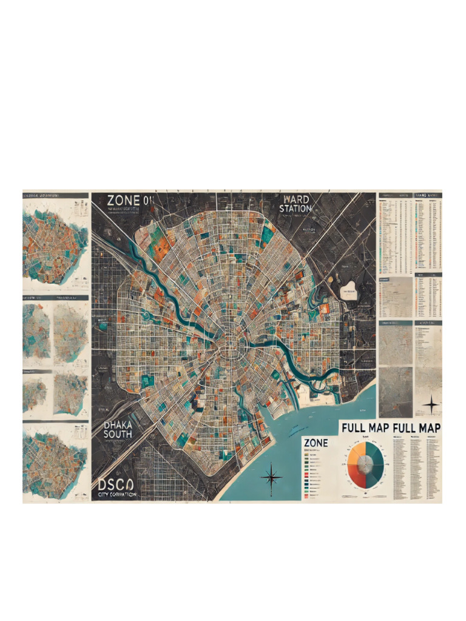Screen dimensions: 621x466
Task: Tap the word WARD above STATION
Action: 295,200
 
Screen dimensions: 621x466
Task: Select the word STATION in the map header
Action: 295,209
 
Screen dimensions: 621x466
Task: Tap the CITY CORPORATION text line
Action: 117,495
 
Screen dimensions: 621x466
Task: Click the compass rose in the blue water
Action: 271,477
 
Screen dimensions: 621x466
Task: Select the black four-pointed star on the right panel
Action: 430,404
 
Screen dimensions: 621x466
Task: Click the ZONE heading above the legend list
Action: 316,443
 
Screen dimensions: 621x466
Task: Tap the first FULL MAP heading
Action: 365,428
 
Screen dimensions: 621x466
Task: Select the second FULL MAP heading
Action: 417,428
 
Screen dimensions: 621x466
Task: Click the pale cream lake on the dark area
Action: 349,290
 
